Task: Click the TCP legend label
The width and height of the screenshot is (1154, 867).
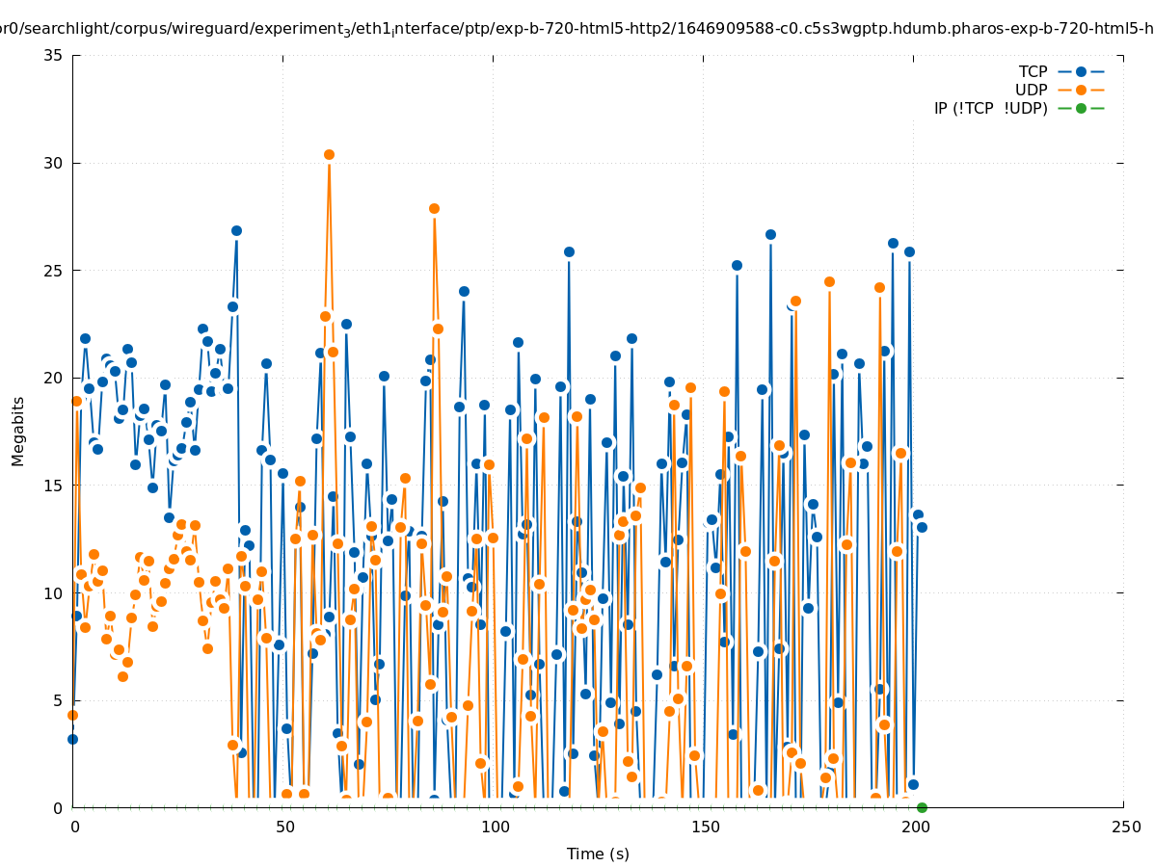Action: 1033,71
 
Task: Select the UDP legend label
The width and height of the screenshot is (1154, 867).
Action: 1031,90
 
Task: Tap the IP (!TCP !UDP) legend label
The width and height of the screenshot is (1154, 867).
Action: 990,108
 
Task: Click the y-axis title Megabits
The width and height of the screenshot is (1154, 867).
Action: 18,431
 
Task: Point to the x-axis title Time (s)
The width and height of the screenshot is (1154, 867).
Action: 598,854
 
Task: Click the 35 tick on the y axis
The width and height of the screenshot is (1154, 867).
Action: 54,55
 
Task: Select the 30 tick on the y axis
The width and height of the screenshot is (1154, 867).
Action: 54,163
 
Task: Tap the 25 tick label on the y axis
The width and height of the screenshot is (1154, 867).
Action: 54,271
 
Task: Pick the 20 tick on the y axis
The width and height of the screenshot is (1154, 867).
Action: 54,378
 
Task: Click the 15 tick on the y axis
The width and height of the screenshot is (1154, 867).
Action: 54,486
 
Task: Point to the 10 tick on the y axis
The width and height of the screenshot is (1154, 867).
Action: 54,593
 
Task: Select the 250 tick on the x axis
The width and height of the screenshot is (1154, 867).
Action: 1125,828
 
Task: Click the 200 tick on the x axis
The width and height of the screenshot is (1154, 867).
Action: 915,828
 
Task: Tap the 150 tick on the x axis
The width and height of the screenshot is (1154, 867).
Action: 705,828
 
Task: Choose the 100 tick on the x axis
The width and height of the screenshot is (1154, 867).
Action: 495,828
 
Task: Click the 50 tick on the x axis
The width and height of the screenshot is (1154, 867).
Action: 284,828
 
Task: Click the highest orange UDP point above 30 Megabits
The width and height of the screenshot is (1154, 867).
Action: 329,154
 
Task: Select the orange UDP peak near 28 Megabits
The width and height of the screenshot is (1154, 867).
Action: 434,208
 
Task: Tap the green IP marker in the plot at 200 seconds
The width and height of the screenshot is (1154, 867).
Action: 922,807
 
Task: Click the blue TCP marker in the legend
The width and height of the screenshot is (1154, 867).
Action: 1081,71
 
